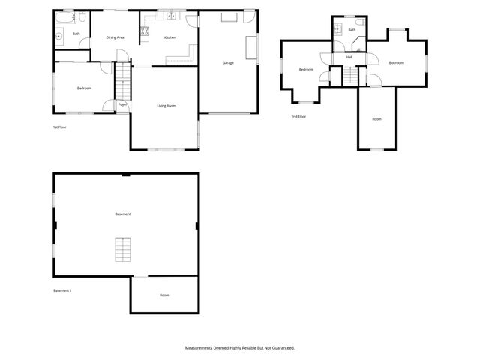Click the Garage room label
tap(228, 63)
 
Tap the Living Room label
tap(166, 106)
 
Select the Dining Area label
tap(115, 37)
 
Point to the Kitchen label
tap(170, 37)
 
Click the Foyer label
tap(121, 105)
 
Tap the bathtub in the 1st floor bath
tap(66, 16)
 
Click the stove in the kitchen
tap(146, 31)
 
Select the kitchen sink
tap(170, 15)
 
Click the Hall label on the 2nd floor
tap(349, 57)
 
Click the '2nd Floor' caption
tap(298, 117)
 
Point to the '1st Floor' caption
tap(60, 127)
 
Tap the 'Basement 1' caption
tap(62, 290)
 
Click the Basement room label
tap(123, 214)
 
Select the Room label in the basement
tap(164, 295)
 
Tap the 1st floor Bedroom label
tap(84, 88)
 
